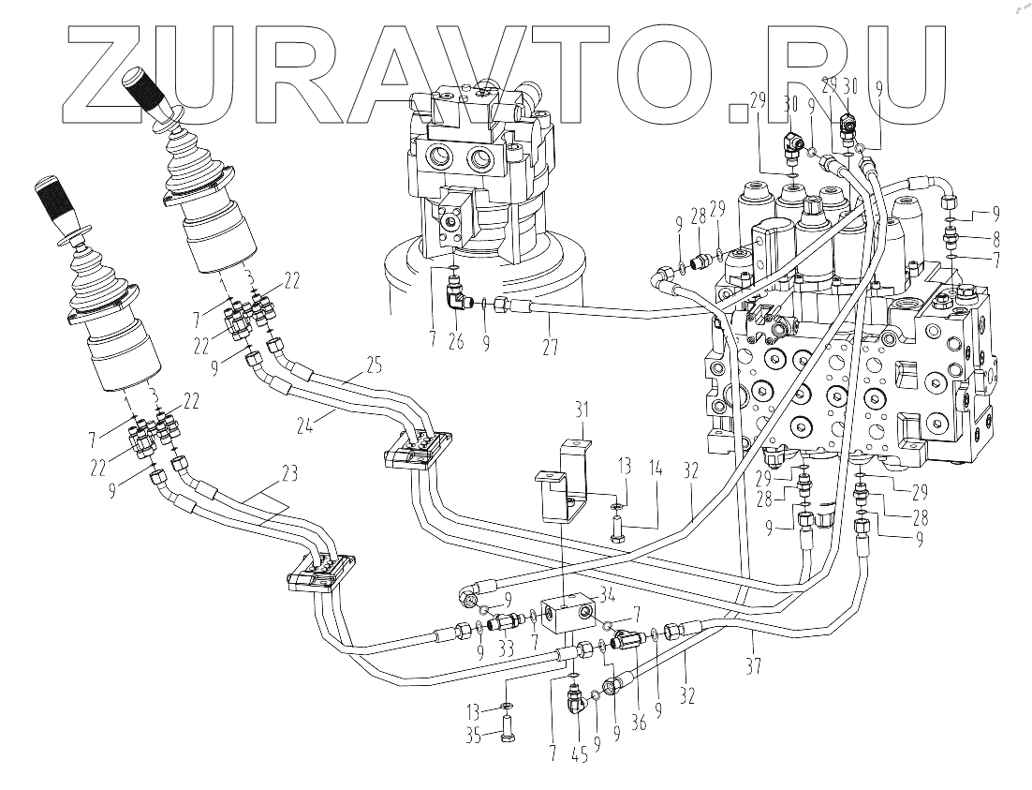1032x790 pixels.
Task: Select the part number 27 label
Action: [x=551, y=346]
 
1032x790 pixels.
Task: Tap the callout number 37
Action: [x=756, y=667]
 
